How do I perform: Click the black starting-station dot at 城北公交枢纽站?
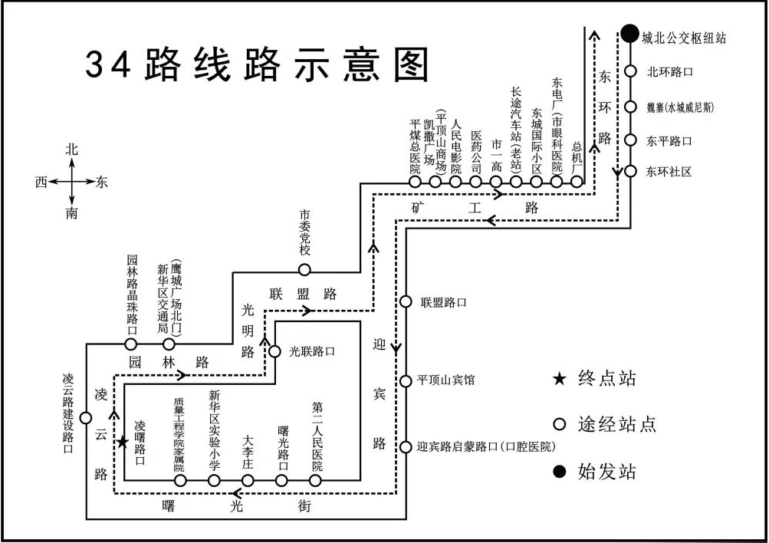tap(629, 34)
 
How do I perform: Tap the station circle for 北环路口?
tap(630, 71)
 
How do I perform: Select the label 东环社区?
tap(669, 172)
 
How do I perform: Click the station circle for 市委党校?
tap(304, 269)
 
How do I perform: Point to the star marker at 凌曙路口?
tap(123, 443)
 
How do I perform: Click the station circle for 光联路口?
tap(274, 352)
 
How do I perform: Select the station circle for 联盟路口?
tap(406, 302)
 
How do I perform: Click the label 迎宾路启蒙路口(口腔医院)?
tap(485, 446)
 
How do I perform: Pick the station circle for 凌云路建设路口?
tap(86, 418)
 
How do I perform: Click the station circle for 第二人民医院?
tap(317, 481)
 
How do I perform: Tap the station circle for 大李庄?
tap(248, 481)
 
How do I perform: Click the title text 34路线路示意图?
tap(257, 64)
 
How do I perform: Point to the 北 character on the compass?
tap(71, 150)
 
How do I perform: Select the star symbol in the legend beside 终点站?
tap(560, 378)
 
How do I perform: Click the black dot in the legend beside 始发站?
tap(560, 471)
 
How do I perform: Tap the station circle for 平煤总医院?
tap(415, 183)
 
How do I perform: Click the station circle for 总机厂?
tap(577, 183)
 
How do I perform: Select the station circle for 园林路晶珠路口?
tap(131, 344)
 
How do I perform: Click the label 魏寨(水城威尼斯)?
tap(679, 107)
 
